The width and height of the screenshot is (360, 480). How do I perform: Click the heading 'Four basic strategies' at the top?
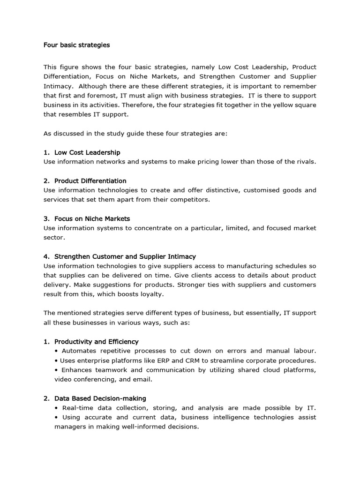[76, 45]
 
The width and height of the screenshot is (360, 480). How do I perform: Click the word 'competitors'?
[192, 200]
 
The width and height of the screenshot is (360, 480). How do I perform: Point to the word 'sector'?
[53, 238]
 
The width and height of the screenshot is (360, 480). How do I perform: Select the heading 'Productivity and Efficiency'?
[96, 342]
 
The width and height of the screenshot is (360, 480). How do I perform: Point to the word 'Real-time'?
[78, 408]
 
